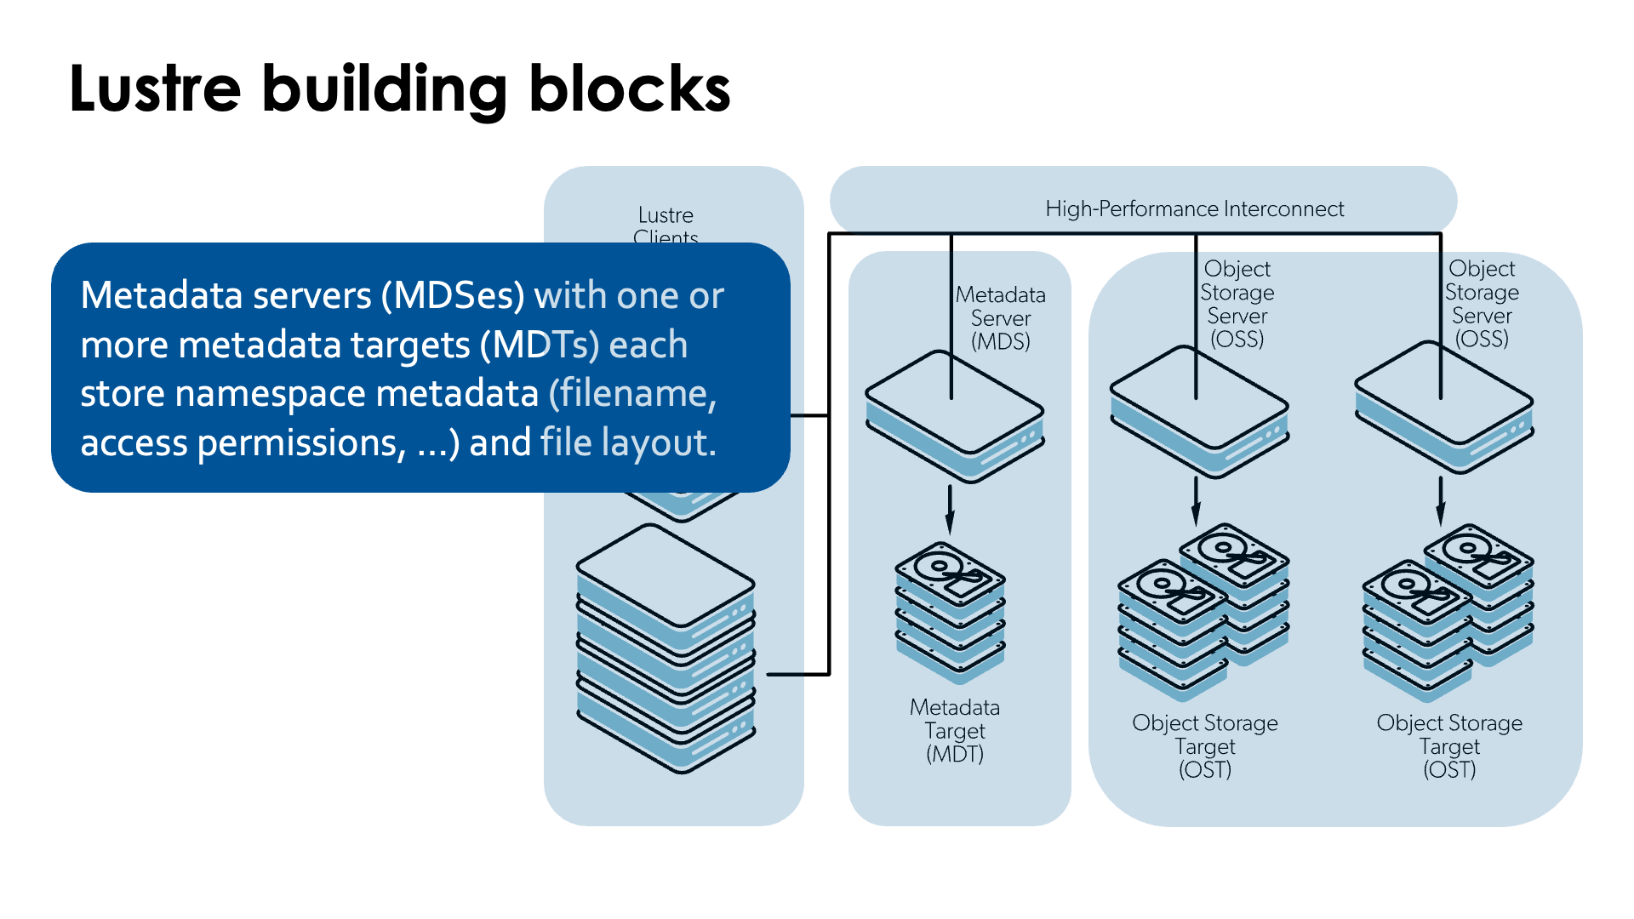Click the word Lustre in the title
[155, 88]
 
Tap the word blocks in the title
[629, 88]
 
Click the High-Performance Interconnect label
[1194, 209]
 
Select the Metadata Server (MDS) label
[1001, 318]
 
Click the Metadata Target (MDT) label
[955, 731]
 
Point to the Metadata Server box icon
[955, 417]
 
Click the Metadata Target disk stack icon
[950, 613]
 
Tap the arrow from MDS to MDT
[950, 509]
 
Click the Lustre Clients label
[666, 225]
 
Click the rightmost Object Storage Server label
[1482, 304]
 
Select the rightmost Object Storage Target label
[1449, 746]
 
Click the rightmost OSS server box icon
[1444, 408]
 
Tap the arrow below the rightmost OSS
[1441, 502]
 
